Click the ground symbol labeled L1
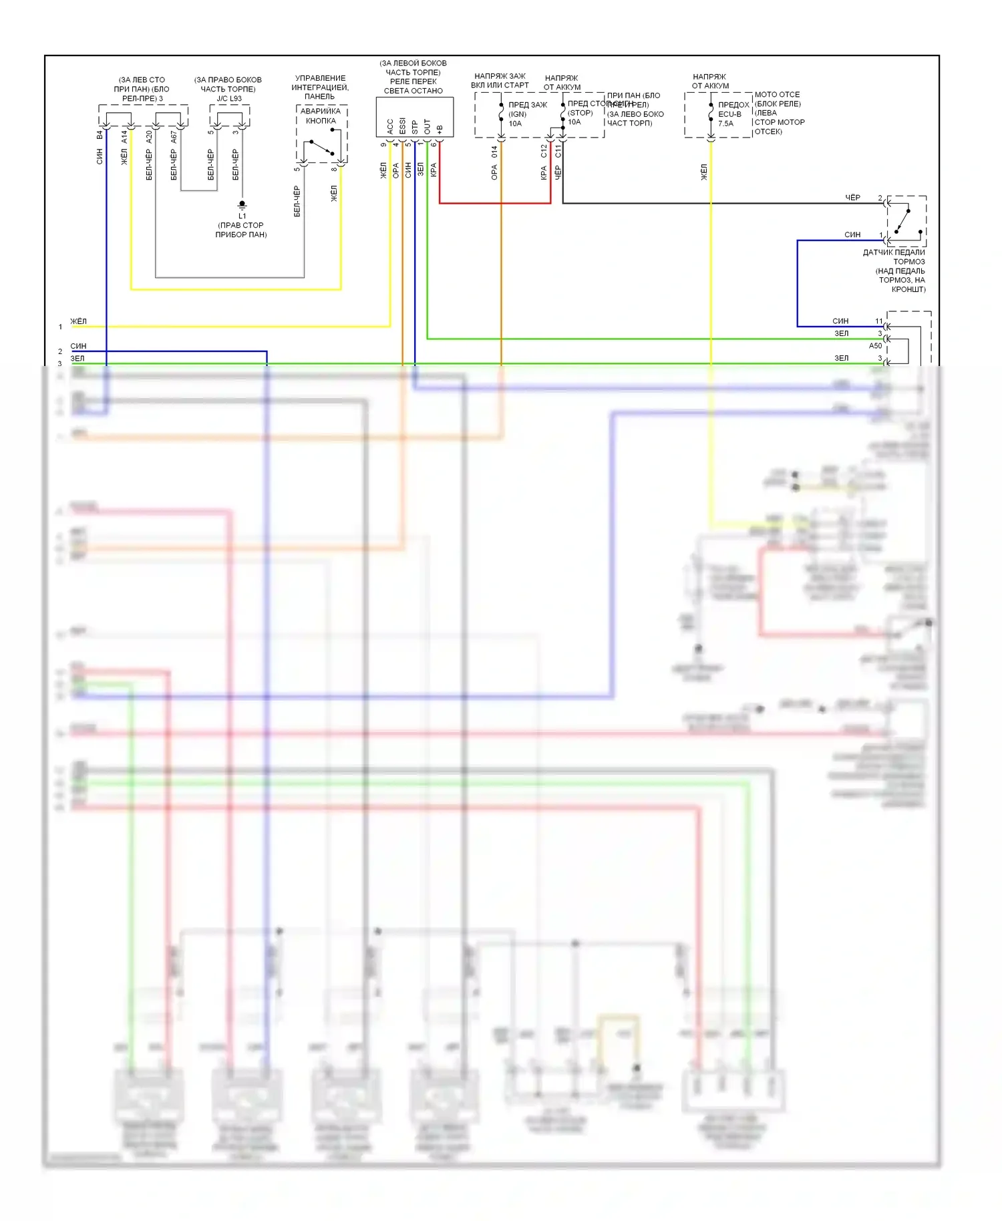click(x=242, y=205)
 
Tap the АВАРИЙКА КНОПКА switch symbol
click(x=322, y=147)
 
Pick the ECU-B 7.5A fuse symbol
click(x=711, y=114)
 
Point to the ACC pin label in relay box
click(x=390, y=126)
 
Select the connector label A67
click(x=174, y=136)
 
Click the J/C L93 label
click(x=229, y=98)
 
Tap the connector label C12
click(x=544, y=151)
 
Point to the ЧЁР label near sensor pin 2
click(x=853, y=198)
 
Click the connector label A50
click(x=875, y=346)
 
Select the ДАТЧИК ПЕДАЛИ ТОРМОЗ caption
click(x=894, y=256)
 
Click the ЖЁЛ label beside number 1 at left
click(x=79, y=321)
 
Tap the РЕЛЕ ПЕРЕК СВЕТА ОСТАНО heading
click(x=413, y=86)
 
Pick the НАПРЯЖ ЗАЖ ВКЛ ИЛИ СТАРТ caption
click(x=500, y=81)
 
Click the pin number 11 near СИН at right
click(x=879, y=321)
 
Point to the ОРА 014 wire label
click(x=494, y=163)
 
